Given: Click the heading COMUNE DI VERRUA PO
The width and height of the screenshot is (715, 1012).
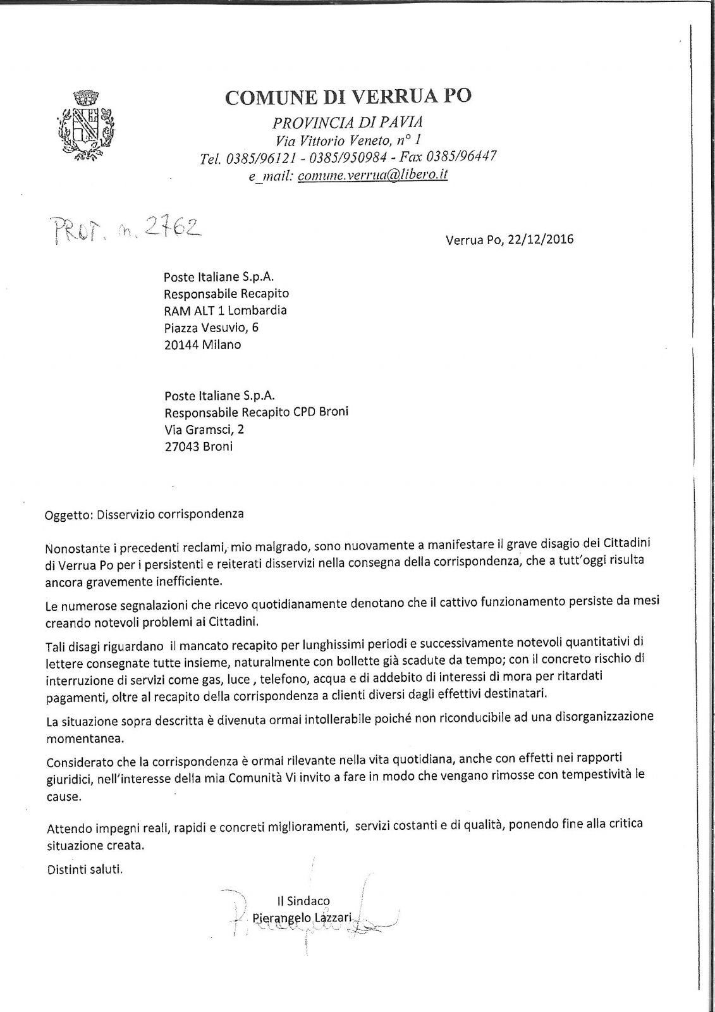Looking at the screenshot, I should click(348, 96).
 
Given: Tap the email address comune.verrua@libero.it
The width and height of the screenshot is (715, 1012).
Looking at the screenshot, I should click(372, 175).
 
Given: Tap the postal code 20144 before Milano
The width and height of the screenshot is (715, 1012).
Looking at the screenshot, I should click(181, 345).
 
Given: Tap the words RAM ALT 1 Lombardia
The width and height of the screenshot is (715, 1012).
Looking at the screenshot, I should click(225, 311).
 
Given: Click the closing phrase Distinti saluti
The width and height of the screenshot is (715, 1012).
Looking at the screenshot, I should click(85, 870).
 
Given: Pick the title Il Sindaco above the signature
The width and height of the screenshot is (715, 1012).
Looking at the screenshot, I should click(303, 901).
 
